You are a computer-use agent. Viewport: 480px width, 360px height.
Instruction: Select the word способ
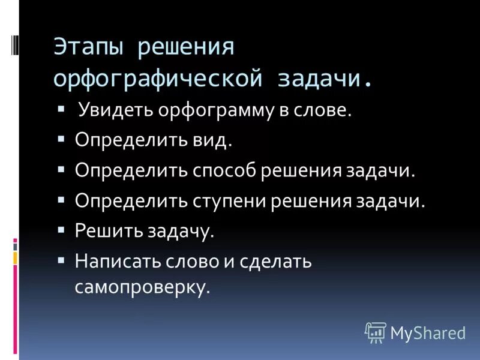224,170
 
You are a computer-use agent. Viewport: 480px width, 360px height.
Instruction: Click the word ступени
230,200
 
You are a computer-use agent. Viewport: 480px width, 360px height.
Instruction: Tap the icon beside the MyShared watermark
376,331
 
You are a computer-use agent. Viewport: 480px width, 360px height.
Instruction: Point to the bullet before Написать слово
62,259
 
